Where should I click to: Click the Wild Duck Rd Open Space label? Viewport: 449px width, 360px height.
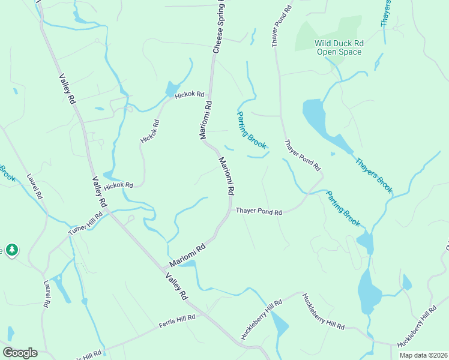click(x=339, y=47)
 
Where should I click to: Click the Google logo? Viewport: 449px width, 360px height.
click(x=20, y=352)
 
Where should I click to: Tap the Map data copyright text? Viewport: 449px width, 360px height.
click(x=423, y=355)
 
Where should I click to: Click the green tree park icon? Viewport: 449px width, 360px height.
click(x=11, y=249)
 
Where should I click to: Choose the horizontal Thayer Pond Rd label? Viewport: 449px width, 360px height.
click(x=259, y=211)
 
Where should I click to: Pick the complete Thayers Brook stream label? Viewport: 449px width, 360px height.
click(x=373, y=175)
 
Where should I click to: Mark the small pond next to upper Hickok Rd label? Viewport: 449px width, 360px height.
click(x=171, y=89)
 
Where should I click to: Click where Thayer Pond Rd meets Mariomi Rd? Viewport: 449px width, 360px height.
click(x=230, y=211)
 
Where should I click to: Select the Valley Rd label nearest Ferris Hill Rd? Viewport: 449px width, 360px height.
click(x=177, y=287)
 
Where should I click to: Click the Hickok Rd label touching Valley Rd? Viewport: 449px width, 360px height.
click(x=118, y=185)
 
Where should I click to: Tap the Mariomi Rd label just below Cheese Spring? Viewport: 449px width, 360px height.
click(x=206, y=120)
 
